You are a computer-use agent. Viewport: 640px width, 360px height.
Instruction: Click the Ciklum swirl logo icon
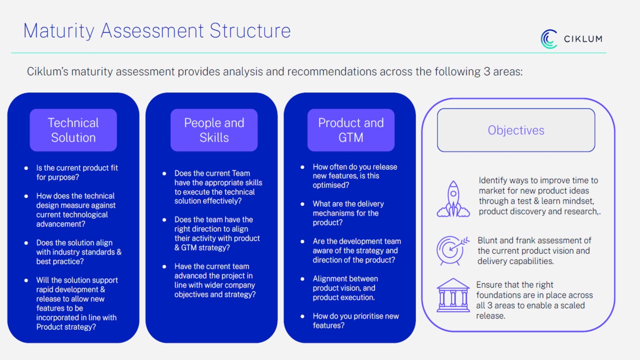click(548, 39)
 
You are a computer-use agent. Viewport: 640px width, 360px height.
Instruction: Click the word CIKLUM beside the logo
click(583, 39)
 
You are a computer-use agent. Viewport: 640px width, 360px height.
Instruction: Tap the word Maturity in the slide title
click(58, 31)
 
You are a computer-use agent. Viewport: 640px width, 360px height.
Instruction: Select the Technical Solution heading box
click(73, 130)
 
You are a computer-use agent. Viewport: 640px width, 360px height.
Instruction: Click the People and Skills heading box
click(214, 130)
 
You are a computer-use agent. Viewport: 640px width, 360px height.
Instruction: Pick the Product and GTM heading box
click(351, 130)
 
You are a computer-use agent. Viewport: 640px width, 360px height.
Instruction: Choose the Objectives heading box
click(516, 130)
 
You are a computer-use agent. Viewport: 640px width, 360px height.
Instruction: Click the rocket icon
click(453, 199)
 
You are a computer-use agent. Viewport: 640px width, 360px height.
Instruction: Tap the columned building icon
click(453, 295)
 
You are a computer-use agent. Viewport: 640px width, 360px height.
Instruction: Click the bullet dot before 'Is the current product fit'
click(26, 168)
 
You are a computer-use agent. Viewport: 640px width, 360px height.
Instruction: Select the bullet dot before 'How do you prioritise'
click(302, 316)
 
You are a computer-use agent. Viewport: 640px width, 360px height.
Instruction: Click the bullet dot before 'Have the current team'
click(164, 266)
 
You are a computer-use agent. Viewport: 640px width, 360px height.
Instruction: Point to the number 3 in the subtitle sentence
click(487, 71)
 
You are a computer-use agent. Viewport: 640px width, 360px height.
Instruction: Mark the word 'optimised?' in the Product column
click(331, 185)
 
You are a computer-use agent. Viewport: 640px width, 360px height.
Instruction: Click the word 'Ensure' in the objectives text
click(487, 285)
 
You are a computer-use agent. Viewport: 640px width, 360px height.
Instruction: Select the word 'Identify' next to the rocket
click(491, 180)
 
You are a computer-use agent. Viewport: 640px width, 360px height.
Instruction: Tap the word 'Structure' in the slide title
click(250, 30)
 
